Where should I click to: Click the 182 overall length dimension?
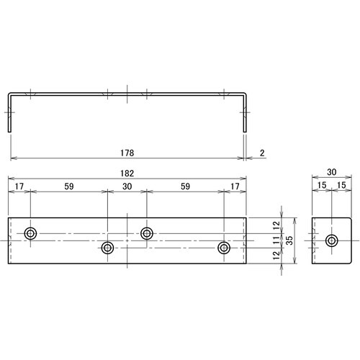pos(127,174)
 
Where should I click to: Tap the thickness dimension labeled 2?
pos(263,153)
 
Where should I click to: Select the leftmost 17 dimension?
pos(19,186)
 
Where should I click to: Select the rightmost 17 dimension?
pos(235,186)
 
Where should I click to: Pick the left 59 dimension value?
pos(68,186)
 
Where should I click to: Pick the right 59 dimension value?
pos(185,186)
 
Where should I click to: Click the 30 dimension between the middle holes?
pos(127,186)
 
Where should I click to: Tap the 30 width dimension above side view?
pos(331,174)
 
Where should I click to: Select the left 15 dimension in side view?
pos(322,186)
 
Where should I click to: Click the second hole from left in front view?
pos(108,248)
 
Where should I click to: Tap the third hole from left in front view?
pos(147,233)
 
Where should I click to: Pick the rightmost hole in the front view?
pos(224,248)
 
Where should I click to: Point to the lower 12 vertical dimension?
pos(276,256)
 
